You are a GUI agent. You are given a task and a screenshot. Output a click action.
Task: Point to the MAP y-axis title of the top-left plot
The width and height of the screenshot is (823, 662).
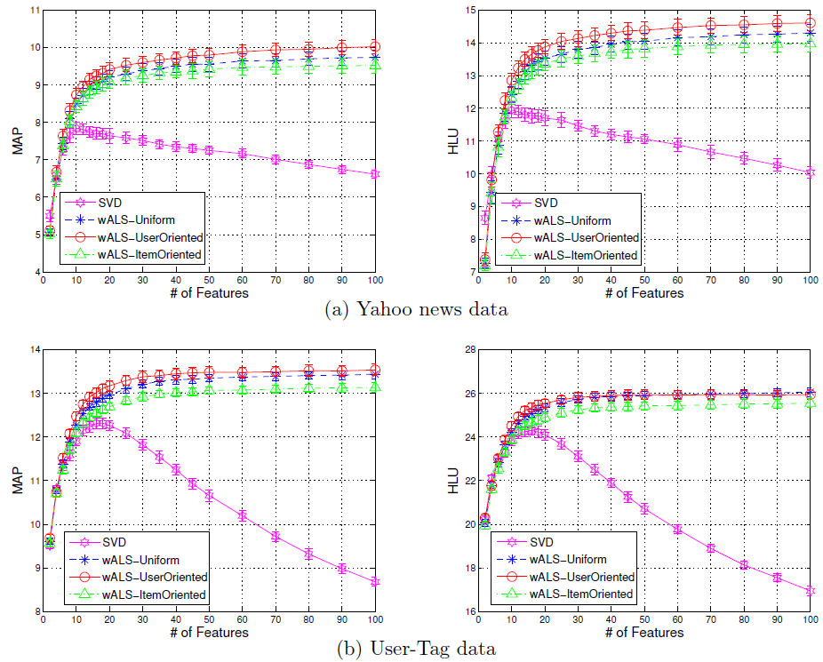17,141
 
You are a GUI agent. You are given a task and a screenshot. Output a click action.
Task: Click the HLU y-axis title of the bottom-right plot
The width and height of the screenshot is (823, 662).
453,481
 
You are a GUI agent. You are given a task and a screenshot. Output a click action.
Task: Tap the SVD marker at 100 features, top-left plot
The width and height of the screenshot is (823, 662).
375,174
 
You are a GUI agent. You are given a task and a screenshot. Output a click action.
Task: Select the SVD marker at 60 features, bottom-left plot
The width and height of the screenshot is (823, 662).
242,515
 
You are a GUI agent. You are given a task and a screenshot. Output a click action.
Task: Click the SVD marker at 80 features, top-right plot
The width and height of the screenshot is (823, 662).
744,158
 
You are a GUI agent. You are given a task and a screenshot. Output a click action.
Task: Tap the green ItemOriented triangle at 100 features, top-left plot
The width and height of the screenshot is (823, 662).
375,64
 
